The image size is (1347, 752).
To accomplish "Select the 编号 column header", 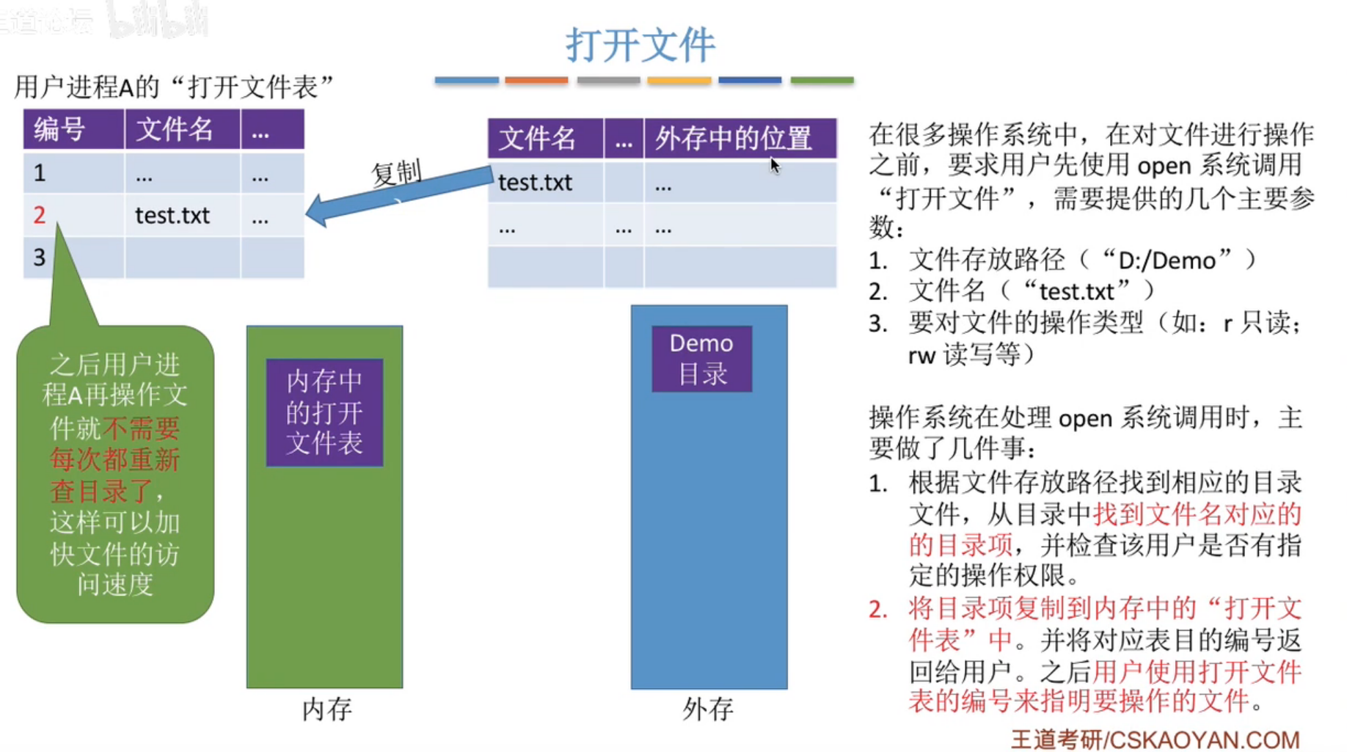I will pos(60,130).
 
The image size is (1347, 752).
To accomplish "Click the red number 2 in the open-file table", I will pos(40,215).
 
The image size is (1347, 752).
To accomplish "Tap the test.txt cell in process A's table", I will pos(172,216).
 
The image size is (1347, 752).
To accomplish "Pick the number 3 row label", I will pos(40,258).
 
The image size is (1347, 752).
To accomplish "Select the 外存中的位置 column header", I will pos(733,139).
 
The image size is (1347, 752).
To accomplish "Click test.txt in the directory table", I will pos(535,183).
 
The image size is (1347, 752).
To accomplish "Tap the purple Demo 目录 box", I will pos(701,359).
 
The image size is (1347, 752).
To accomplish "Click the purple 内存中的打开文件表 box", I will pos(324,412).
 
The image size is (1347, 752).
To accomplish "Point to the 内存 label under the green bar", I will pos(326,709).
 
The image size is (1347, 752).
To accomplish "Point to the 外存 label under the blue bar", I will pos(707,709).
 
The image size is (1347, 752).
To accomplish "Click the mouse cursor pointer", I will pos(775,166).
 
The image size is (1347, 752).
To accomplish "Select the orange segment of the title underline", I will pos(536,80).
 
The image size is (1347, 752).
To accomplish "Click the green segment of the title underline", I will pos(822,80).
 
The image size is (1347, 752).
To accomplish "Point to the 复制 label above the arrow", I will pos(396,173).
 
